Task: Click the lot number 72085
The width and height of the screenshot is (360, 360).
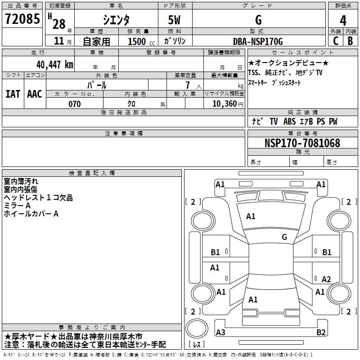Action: [21, 19]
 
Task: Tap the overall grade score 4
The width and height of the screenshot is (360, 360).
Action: [343, 20]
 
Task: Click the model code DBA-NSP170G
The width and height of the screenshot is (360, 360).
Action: [258, 41]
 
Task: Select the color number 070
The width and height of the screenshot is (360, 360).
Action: [74, 104]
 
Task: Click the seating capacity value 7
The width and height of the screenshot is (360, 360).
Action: [186, 85]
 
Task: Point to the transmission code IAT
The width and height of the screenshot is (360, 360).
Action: [13, 94]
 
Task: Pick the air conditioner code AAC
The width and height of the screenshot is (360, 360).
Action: [34, 94]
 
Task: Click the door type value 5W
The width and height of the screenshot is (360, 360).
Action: [175, 20]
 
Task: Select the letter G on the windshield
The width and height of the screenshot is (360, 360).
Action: [284, 237]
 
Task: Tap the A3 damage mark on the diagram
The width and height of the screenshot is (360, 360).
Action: [220, 333]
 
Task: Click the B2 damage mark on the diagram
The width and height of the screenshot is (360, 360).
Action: [321, 333]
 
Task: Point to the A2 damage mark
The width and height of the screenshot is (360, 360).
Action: [326, 279]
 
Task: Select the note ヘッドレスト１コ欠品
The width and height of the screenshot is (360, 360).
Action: [38, 198]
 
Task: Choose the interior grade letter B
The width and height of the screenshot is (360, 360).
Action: [350, 41]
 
